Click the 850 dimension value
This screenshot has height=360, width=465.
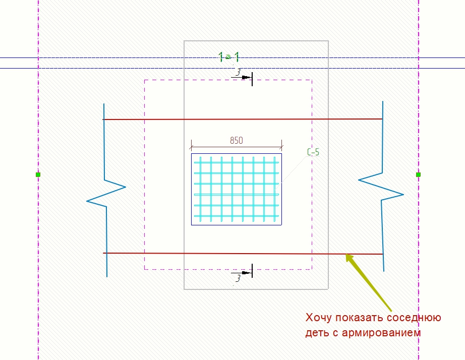pyautogui.click(x=237, y=140)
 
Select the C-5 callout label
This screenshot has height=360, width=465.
pyautogui.click(x=313, y=152)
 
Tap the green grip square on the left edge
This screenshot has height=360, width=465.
pyautogui.click(x=38, y=174)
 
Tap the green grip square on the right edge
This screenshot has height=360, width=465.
pyautogui.click(x=418, y=174)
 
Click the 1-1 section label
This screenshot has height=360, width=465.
pyautogui.click(x=228, y=57)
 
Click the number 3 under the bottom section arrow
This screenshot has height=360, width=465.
pyautogui.click(x=238, y=278)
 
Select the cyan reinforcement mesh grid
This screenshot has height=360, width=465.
pyautogui.click(x=237, y=189)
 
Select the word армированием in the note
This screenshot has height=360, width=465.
pyautogui.click(x=381, y=333)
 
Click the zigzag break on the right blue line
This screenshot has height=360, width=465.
pyautogui.click(x=381, y=187)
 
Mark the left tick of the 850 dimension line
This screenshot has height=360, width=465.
pyautogui.click(x=191, y=146)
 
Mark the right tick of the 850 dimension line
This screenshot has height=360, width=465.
pyautogui.click(x=282, y=146)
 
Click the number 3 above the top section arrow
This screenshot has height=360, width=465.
pyautogui.click(x=238, y=72)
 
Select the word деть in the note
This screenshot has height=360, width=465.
pyautogui.click(x=317, y=333)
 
